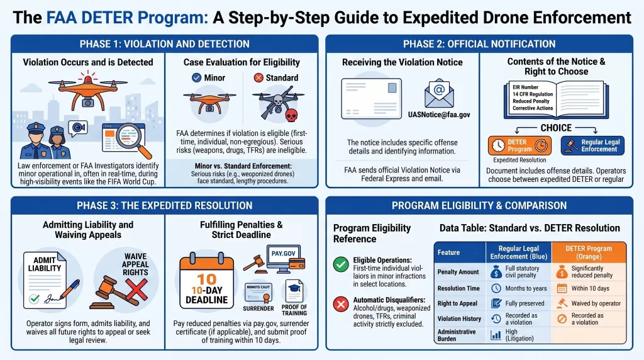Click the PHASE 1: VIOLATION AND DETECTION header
click(x=164, y=44)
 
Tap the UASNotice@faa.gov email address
click(x=443, y=115)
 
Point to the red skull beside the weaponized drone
click(x=291, y=116)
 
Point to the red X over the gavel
click(x=136, y=289)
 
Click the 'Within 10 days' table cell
click(x=590, y=288)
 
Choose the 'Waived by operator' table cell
click(x=590, y=303)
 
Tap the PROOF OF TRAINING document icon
click(x=294, y=298)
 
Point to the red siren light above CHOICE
click(x=540, y=75)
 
